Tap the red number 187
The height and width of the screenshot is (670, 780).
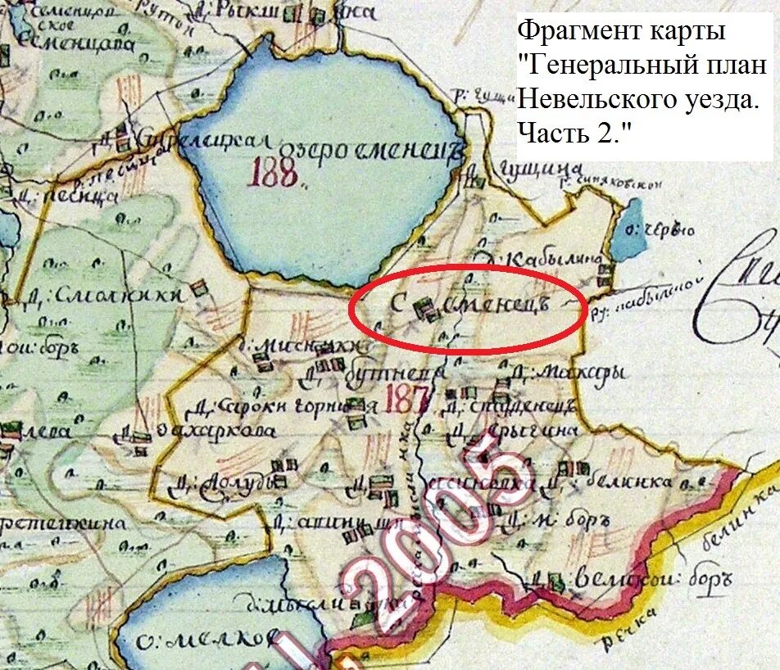coord(407,399)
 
